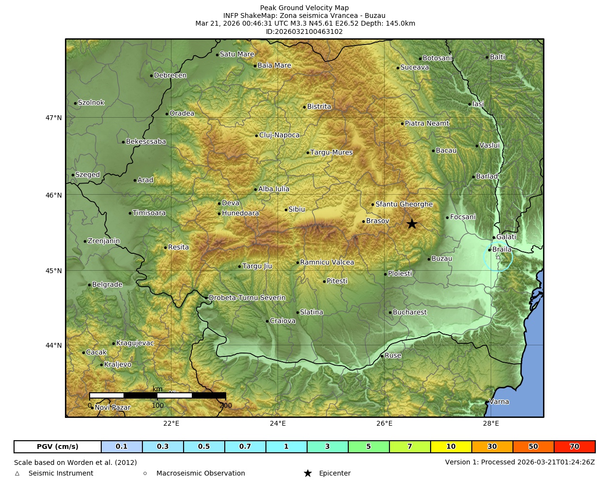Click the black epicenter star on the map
[412, 224]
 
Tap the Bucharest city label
[409, 312]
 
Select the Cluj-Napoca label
[279, 135]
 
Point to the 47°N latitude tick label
[54, 118]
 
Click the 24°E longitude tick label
[278, 424]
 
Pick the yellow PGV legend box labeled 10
[451, 447]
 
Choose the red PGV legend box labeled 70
[574, 447]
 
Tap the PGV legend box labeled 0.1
[122, 447]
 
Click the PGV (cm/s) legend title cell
[58, 447]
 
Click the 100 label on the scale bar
[158, 405]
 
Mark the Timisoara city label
[149, 213]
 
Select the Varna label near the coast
[499, 401]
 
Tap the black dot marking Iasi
[469, 104]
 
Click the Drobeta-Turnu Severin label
[247, 298]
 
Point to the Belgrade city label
[107, 285]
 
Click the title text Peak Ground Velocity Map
[304, 8]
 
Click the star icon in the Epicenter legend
[308, 473]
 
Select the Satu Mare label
[237, 54]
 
